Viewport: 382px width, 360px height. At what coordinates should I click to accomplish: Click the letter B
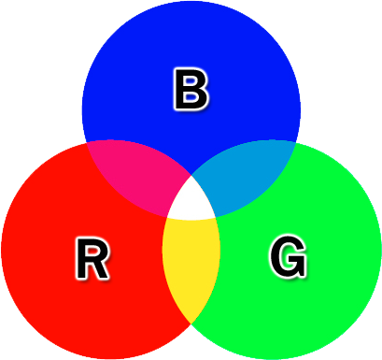click(x=191, y=92)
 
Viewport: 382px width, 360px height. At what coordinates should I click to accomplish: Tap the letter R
click(x=92, y=259)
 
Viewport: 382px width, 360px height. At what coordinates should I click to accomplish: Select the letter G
click(x=288, y=256)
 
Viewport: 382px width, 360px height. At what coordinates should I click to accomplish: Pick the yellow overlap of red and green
click(x=191, y=266)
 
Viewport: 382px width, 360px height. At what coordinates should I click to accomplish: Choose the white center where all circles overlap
click(x=191, y=200)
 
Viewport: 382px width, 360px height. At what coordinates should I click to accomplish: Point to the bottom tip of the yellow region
click(x=191, y=324)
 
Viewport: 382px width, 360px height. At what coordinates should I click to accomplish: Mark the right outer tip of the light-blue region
click(x=295, y=143)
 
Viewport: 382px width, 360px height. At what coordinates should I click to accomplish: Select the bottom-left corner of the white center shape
click(x=165, y=219)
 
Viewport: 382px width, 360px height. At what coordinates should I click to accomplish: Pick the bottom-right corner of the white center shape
click(x=218, y=219)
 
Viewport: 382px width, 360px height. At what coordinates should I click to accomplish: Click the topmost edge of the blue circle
click(x=191, y=3)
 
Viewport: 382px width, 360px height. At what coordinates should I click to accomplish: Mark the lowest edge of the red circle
click(x=110, y=357)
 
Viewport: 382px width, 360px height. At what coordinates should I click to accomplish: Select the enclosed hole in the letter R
click(x=93, y=250)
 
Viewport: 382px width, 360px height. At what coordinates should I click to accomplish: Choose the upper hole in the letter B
click(x=192, y=82)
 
